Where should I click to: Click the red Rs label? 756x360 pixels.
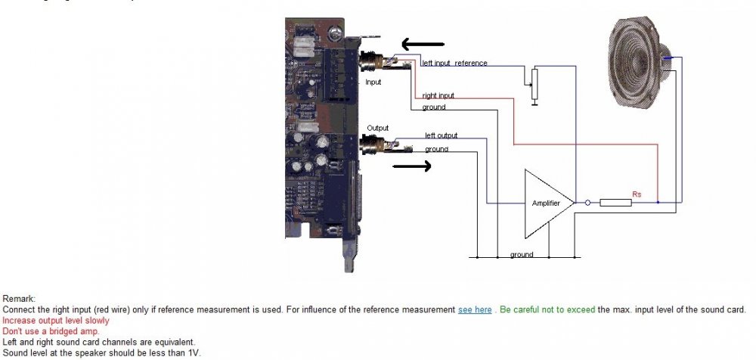click(637, 194)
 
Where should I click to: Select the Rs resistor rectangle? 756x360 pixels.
click(616, 203)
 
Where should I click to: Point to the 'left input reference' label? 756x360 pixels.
click(454, 64)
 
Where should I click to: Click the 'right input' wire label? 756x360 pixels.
click(438, 96)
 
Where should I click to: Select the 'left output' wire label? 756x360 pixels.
click(441, 135)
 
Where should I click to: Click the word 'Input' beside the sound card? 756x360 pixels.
click(373, 81)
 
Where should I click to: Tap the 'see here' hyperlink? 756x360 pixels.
click(475, 310)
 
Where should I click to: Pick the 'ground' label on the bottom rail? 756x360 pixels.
click(522, 255)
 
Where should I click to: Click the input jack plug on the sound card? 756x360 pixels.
click(373, 61)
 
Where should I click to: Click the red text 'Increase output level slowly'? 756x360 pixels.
click(56, 321)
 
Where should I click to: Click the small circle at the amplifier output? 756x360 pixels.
click(587, 203)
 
